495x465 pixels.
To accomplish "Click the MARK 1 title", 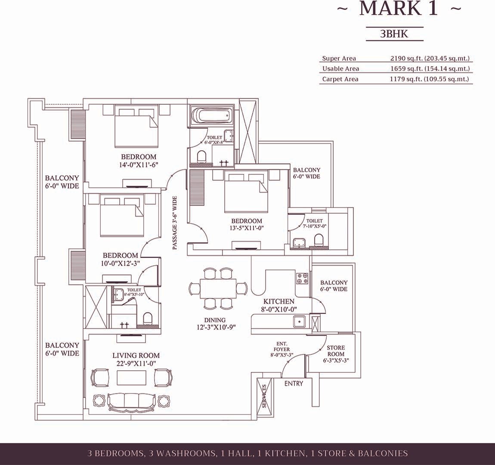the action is (x=399, y=9).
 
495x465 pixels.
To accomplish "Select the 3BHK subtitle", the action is (x=394, y=34).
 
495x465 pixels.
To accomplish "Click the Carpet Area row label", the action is (x=340, y=79).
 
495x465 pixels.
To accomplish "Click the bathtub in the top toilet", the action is (x=211, y=115).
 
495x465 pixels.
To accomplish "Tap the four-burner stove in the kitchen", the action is (x=302, y=278).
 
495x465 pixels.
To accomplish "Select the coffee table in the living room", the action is (x=132, y=377).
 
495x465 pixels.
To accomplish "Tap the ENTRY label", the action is (x=294, y=384).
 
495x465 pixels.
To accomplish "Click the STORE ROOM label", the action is (x=336, y=351).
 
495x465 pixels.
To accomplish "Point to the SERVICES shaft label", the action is (x=264, y=396).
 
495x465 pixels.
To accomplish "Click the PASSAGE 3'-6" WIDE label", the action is (x=175, y=223).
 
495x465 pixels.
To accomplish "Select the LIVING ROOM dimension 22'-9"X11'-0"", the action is (x=136, y=363).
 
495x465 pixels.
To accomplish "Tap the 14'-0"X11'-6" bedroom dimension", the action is (x=139, y=164).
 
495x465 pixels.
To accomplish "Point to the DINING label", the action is (x=215, y=320).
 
